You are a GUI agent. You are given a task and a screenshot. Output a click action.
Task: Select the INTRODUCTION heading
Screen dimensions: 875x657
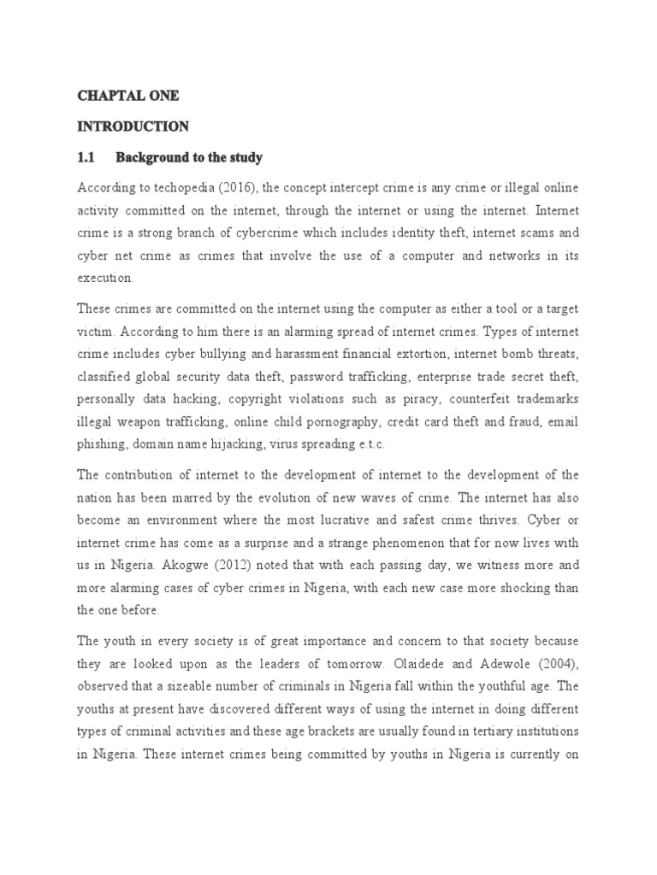(x=133, y=126)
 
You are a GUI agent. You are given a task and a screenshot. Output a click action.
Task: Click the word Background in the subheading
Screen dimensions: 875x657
(x=150, y=158)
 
